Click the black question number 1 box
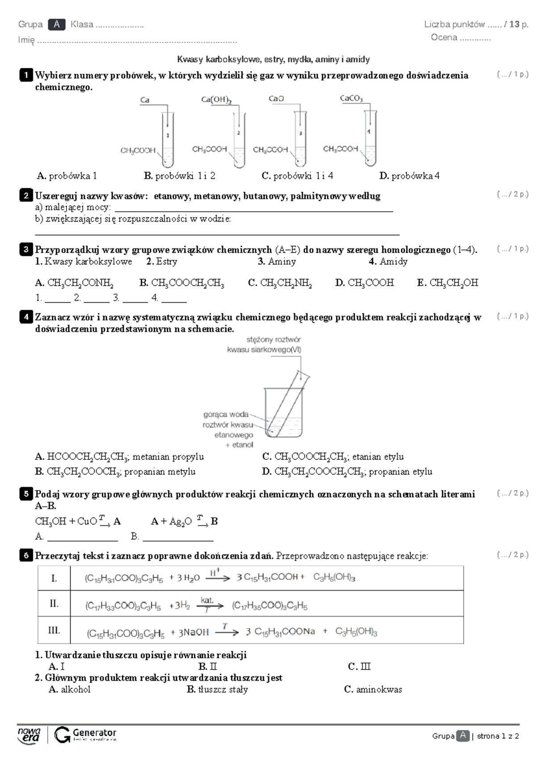coord(26,75)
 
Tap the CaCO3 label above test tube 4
coord(351,99)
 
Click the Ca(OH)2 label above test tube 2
coord(216,100)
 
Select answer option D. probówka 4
coord(409,176)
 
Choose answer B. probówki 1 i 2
coord(180,176)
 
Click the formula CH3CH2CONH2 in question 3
coord(74,283)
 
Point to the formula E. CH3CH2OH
coord(448,283)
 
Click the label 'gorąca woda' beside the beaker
coord(226,414)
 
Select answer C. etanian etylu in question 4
coord(333,457)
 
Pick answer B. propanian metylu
coord(115,472)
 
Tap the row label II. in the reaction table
coord(54,604)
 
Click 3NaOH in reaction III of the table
coord(193,632)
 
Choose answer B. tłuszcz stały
coord(217,690)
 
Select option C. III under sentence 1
coord(359,667)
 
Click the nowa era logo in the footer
coord(29,735)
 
